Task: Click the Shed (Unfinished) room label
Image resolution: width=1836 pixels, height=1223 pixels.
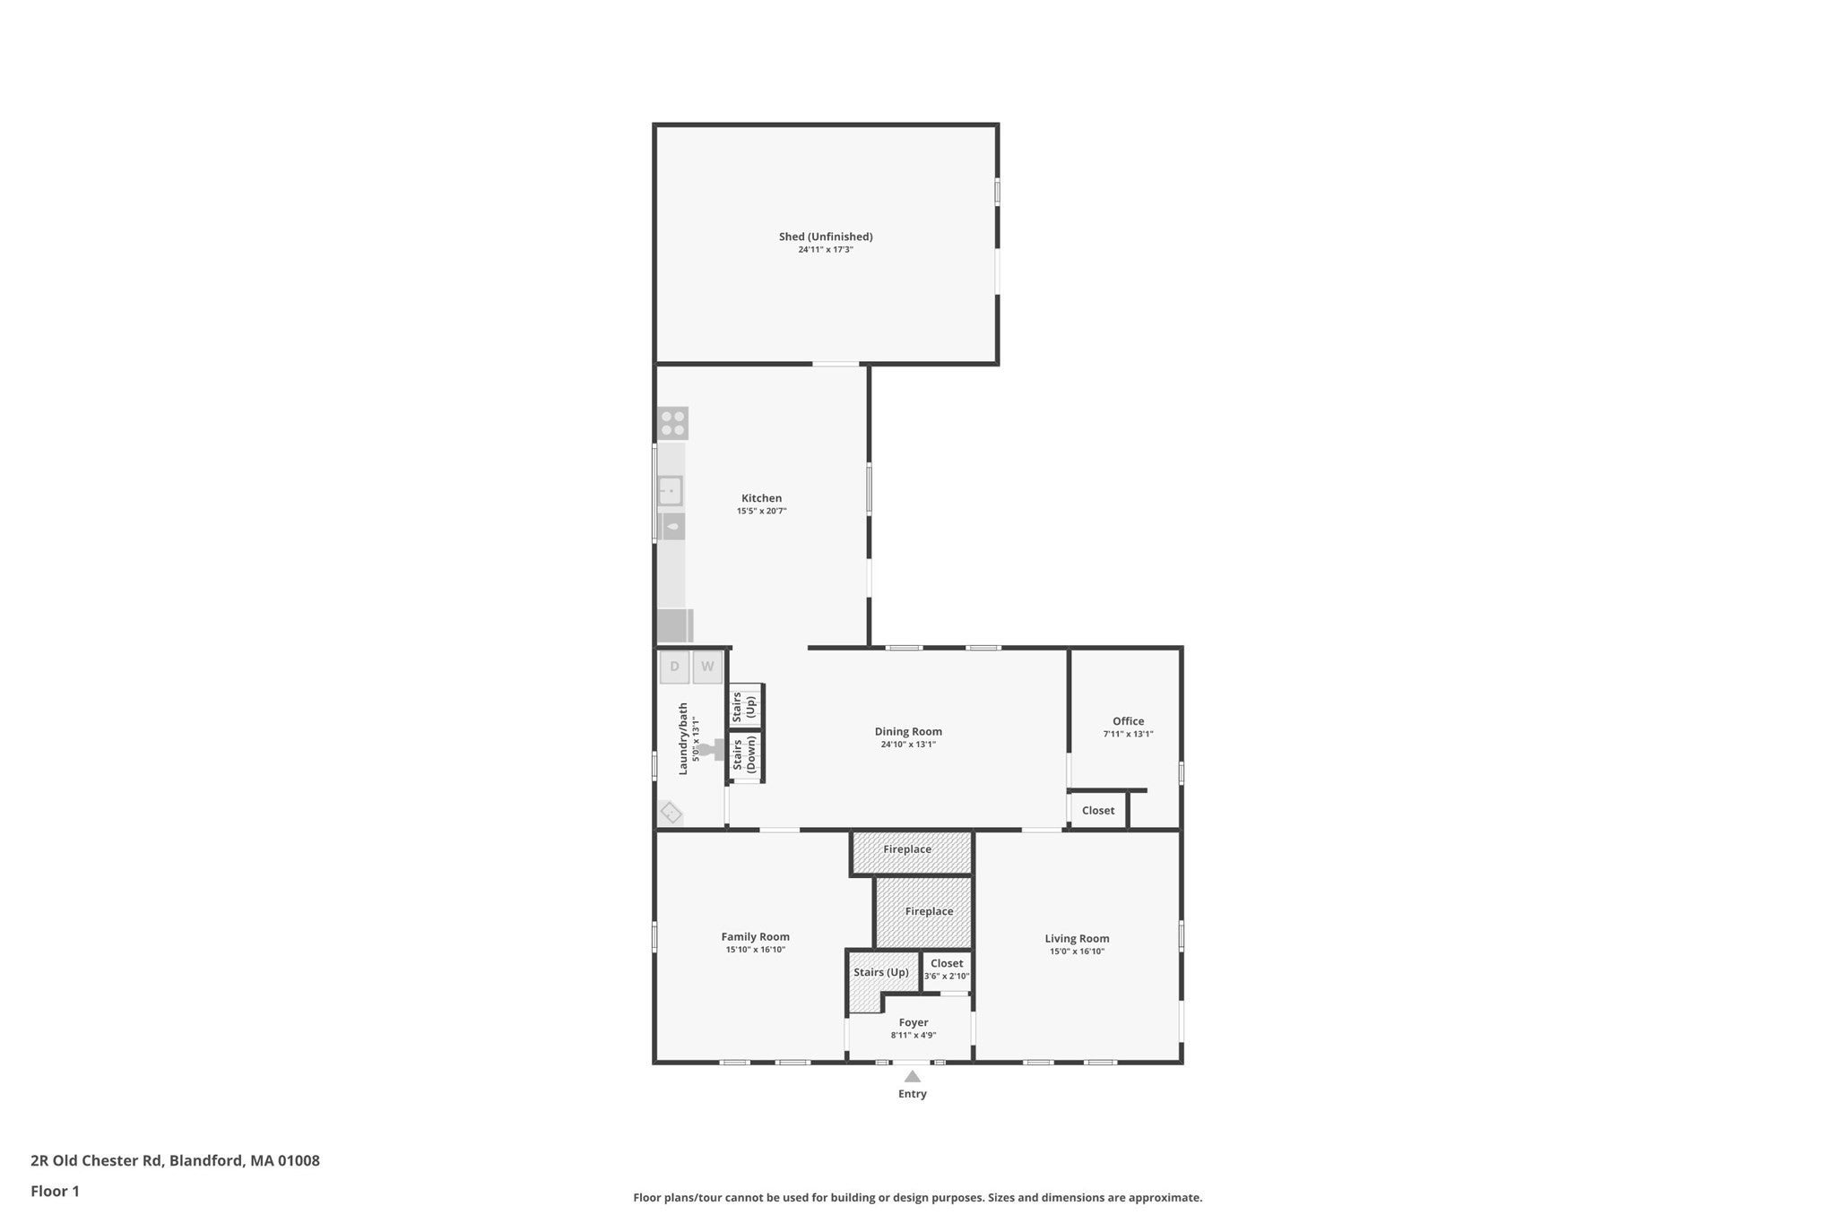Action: coord(826,237)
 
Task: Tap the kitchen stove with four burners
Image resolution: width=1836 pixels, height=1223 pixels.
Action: coord(673,423)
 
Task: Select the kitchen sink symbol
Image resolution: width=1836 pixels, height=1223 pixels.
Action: coord(671,491)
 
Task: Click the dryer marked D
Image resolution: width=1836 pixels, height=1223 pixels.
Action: coord(675,667)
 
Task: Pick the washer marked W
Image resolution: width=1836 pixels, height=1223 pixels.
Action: coord(707,667)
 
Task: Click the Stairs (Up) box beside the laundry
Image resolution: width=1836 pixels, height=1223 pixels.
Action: coord(746,706)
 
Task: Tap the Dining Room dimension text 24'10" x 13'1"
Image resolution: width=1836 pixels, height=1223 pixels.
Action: coord(908,745)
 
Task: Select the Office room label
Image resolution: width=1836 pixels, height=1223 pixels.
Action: coord(1128,721)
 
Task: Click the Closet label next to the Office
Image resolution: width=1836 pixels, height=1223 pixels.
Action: coord(1098,811)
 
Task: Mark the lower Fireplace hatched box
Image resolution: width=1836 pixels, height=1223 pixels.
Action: coord(923,912)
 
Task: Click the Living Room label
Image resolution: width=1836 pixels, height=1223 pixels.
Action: coord(1077,939)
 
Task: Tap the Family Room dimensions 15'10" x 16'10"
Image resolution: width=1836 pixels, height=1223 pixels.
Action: coord(756,950)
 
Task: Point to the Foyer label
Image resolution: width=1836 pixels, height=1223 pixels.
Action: coord(914,1022)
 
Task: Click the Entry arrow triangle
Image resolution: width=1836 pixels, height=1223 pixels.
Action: coord(913,1077)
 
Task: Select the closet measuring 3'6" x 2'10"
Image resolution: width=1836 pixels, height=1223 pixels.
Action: coord(947,970)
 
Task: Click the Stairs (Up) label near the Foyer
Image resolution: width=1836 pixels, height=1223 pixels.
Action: coord(881,972)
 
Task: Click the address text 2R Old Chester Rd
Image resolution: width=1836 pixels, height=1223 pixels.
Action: coord(98,1160)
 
